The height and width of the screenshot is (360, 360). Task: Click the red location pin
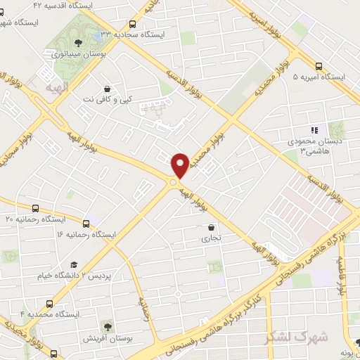(180, 164)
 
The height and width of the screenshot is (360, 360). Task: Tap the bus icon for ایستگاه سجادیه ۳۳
(134, 22)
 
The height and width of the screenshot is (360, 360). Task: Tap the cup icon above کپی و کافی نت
(107, 89)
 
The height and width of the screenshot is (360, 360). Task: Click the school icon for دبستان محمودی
(315, 129)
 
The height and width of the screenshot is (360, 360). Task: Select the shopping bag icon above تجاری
(212, 227)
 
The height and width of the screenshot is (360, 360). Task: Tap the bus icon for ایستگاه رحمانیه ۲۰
(36, 208)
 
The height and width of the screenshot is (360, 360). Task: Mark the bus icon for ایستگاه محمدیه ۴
(49, 304)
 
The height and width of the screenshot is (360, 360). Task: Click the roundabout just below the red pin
(172, 183)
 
